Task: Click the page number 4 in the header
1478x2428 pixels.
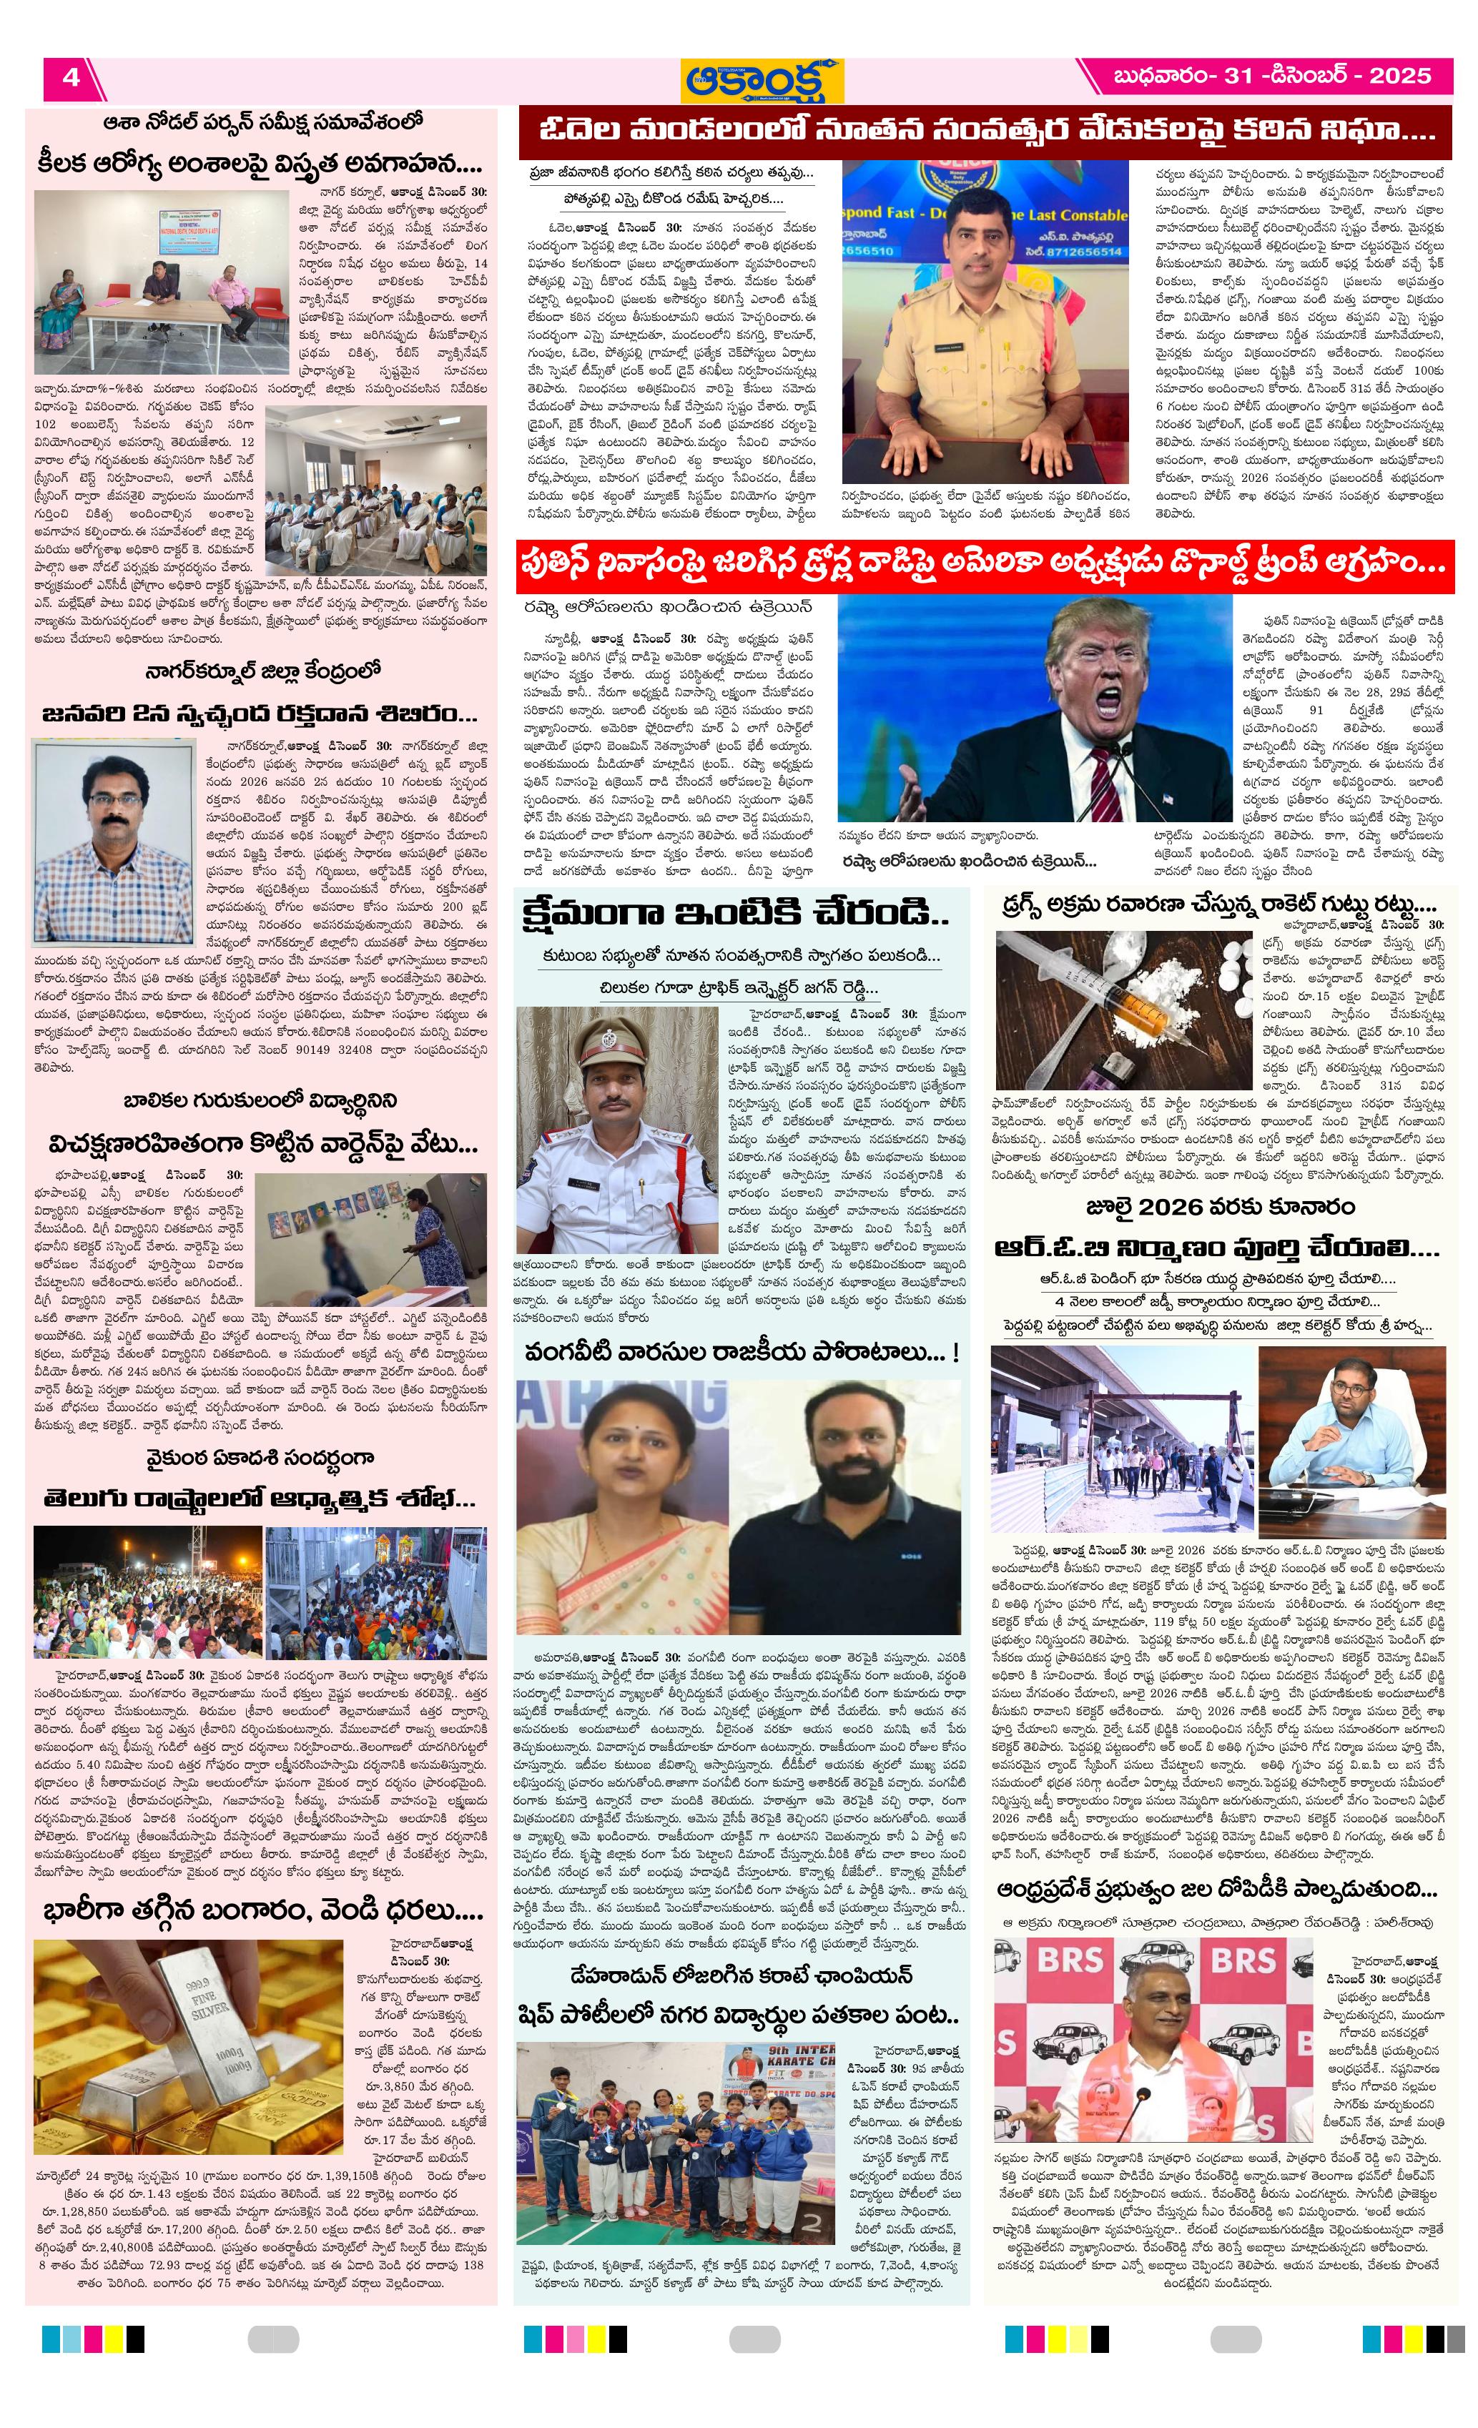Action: pos(71,77)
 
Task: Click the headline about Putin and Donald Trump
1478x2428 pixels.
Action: pos(985,565)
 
